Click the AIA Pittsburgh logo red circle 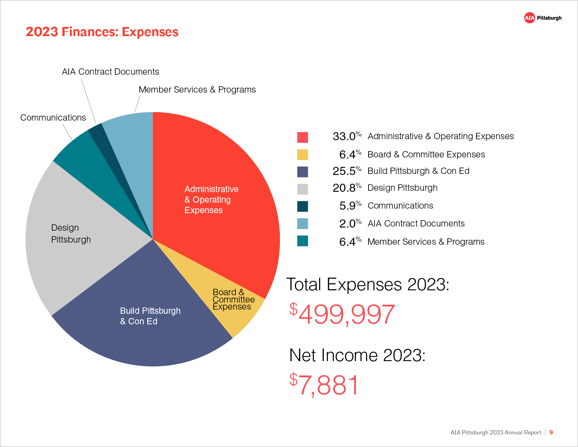(x=529, y=18)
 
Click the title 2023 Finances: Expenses (x=102, y=32)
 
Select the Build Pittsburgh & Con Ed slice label (x=150, y=316)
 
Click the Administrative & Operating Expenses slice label (x=211, y=199)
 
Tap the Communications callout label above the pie (x=53, y=117)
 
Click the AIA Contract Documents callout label (x=110, y=72)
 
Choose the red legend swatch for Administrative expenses (x=302, y=137)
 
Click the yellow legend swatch (x=302, y=155)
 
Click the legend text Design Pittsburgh (x=402, y=188)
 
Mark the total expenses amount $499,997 (x=342, y=314)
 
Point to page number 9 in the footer (x=551, y=432)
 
